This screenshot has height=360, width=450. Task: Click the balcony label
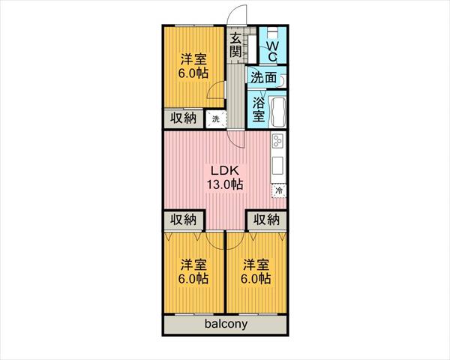coord(226,324)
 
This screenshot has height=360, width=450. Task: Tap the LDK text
coord(225,170)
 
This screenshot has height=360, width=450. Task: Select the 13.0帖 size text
coord(225,184)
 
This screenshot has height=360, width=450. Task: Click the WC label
coord(272,52)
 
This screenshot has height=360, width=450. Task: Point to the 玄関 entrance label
coord(235,45)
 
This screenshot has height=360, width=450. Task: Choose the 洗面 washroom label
coord(264,77)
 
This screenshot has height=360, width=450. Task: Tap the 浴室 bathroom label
coord(259,109)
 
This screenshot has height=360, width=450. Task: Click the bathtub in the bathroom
coord(277,112)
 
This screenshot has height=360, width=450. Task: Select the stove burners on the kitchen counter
coord(277,142)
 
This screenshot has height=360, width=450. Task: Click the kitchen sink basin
coord(277,165)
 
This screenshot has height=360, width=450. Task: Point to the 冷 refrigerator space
coord(279,190)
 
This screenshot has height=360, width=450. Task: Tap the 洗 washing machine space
coord(216,118)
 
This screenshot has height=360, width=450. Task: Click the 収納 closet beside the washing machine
coord(184,118)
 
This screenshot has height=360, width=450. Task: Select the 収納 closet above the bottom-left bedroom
coord(184,220)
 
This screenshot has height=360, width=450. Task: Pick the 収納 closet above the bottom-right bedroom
coord(266,220)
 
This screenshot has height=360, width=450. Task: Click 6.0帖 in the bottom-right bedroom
coord(256,279)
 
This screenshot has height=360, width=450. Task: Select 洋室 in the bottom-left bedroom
coord(193,265)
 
